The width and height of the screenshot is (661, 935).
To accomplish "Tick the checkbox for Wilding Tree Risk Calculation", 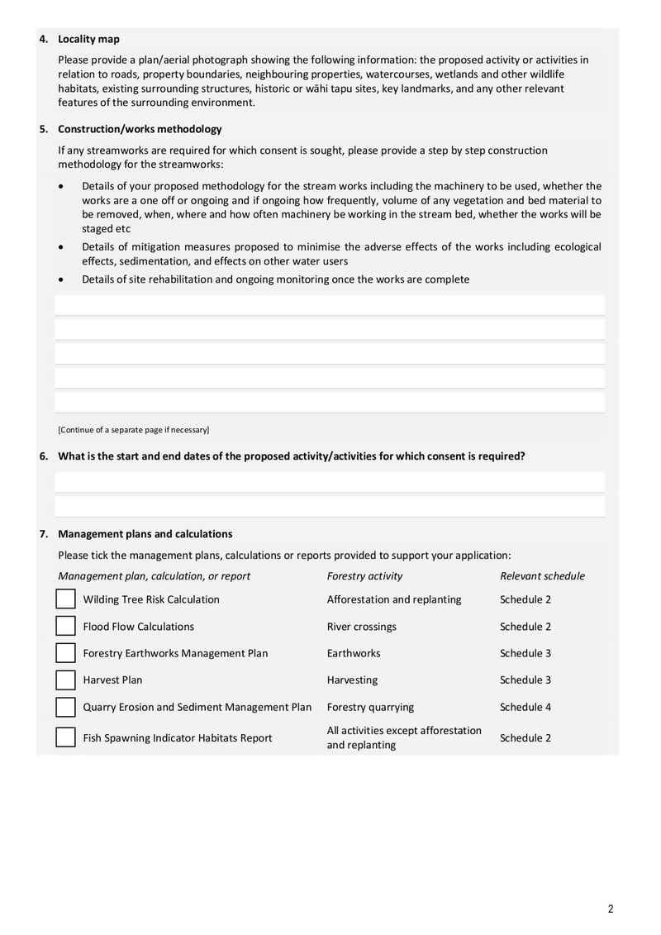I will (65, 599).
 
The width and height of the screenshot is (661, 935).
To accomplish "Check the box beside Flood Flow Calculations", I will (65, 627).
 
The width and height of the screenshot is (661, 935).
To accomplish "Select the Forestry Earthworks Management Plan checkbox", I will (65, 653).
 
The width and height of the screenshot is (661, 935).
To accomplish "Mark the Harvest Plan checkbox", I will (65, 680).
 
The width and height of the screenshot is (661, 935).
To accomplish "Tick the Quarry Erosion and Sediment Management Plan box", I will (65, 708).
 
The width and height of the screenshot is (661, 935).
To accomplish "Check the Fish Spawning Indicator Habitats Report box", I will (65, 737).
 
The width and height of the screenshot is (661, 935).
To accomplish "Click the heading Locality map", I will (88, 39).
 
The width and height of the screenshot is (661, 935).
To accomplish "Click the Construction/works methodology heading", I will (140, 129).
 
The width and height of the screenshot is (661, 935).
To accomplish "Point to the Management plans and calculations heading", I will (145, 534).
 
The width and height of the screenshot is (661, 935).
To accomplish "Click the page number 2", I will (611, 909).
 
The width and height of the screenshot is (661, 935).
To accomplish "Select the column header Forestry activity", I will (364, 576).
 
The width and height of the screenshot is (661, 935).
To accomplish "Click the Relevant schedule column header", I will (542, 576).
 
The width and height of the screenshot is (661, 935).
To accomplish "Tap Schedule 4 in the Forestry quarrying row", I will (525, 708).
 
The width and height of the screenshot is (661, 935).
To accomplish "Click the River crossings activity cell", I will (361, 627).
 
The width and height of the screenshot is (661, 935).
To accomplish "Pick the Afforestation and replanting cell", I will (394, 599).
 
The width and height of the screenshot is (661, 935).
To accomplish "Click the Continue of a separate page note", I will (133, 430).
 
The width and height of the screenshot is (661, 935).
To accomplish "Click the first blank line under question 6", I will (329, 482).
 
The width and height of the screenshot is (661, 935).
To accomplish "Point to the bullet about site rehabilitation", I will (275, 279).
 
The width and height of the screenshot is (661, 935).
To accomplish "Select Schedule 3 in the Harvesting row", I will (525, 680).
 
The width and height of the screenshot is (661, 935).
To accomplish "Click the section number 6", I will (44, 456).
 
